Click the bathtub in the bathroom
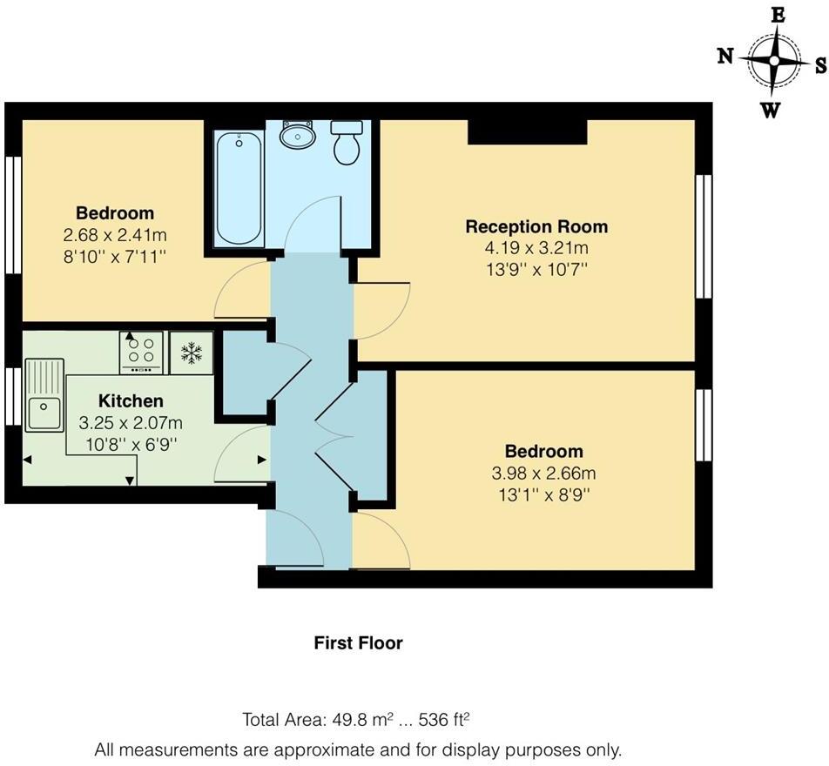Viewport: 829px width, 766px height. click(x=238, y=188)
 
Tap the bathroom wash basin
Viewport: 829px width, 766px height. click(x=299, y=135)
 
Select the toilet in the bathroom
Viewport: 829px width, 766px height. click(x=347, y=142)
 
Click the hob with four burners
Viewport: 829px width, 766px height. click(x=141, y=352)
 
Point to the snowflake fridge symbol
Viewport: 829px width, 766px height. click(x=191, y=353)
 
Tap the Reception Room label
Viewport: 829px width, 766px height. click(x=536, y=227)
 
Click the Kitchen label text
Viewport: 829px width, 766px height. click(x=131, y=401)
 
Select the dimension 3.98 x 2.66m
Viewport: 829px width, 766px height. click(x=544, y=474)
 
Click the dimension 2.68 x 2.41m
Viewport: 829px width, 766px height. click(x=115, y=235)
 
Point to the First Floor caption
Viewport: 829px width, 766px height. click(x=358, y=643)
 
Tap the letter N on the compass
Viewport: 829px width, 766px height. click(x=725, y=57)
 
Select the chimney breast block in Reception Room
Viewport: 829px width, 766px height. click(x=527, y=131)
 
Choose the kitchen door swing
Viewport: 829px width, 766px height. click(x=242, y=455)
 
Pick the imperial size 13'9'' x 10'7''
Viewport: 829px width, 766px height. click(x=536, y=270)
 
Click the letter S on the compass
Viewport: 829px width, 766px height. click(x=819, y=64)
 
